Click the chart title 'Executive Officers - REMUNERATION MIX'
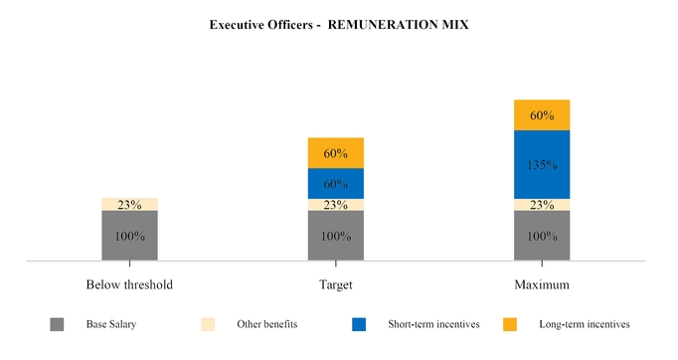coord(339,24)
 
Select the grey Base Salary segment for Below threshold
coord(129,236)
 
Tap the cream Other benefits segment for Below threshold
coord(129,204)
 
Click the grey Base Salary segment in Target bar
coord(336,236)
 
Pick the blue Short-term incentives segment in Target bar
coord(336,183)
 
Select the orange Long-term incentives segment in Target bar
coord(336,153)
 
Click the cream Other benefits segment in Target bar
coord(336,205)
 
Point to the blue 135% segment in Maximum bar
coord(542,165)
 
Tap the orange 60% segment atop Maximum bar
coord(542,115)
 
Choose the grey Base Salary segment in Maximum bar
coord(542,236)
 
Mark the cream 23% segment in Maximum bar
coord(542,205)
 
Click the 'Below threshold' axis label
coord(129,284)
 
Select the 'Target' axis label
coord(336,284)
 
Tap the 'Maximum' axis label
coord(542,284)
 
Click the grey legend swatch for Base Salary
coord(57,324)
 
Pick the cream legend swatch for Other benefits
coord(208,324)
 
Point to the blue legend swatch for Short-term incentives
coord(359,324)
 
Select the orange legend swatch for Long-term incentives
coord(510,324)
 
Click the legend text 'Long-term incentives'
coord(584,324)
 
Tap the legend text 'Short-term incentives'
coord(433,324)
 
